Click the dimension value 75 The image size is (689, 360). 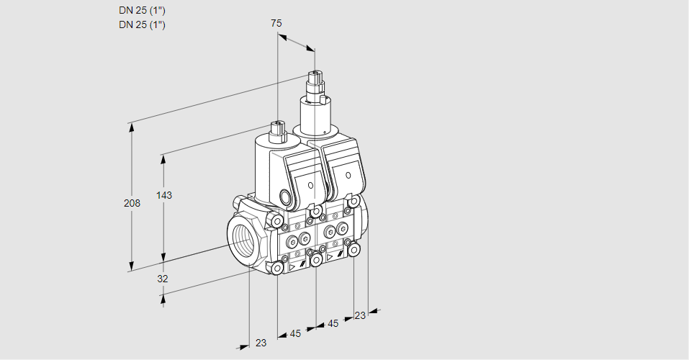[x=276, y=23]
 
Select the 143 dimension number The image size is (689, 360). [x=164, y=195]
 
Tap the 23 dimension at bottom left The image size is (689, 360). [x=261, y=343]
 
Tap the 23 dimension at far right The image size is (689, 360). [x=360, y=315]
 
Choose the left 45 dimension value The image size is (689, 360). [x=295, y=333]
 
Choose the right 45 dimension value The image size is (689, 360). [x=333, y=324]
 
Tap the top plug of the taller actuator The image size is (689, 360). [x=315, y=75]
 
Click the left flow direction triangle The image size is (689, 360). [x=292, y=266]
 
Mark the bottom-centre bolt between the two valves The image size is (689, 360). [x=315, y=259]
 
